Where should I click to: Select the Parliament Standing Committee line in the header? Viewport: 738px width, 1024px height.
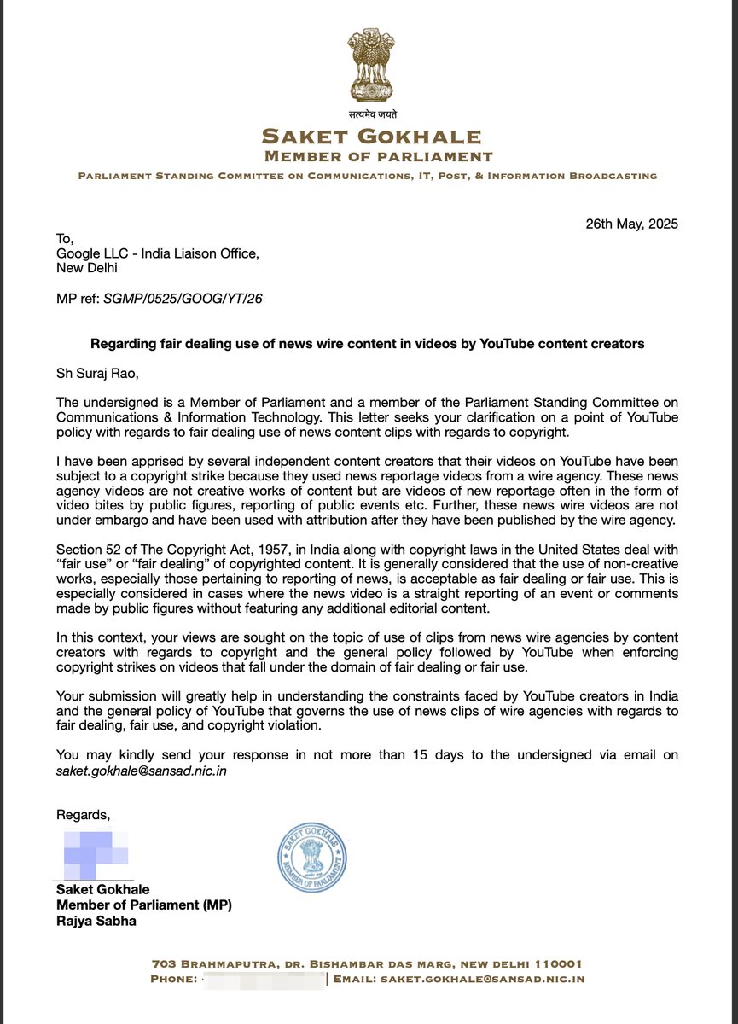tap(368, 176)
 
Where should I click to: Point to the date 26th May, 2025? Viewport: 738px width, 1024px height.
tap(631, 224)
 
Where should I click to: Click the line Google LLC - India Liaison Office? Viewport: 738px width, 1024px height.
tap(157, 253)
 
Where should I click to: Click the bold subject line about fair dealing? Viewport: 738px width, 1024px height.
tap(368, 344)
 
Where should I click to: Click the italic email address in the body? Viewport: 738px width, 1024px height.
tap(142, 771)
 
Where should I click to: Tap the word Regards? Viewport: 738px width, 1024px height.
tap(83, 813)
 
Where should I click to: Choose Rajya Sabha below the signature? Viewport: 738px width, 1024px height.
tap(97, 921)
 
